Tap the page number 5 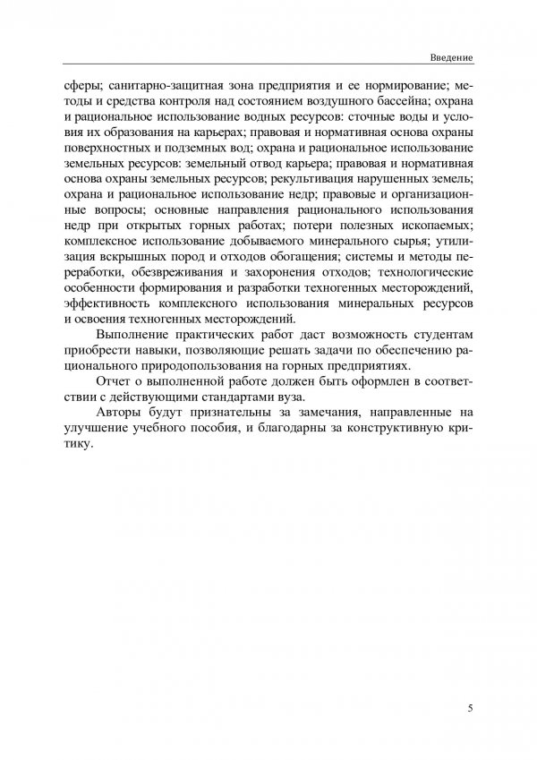(x=471, y=708)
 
